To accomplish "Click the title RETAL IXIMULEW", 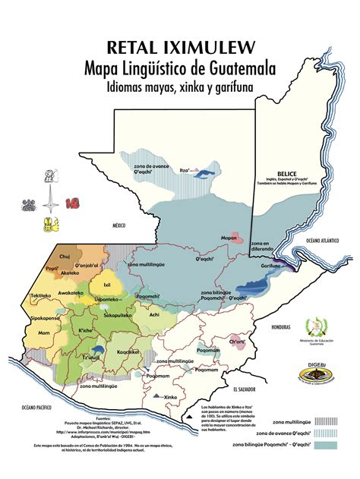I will point(180,48).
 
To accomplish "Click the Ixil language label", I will point(96,285).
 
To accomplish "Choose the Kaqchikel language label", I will point(128,351).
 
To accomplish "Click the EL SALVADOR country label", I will point(245,389).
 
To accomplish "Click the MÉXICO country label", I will point(118,225).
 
